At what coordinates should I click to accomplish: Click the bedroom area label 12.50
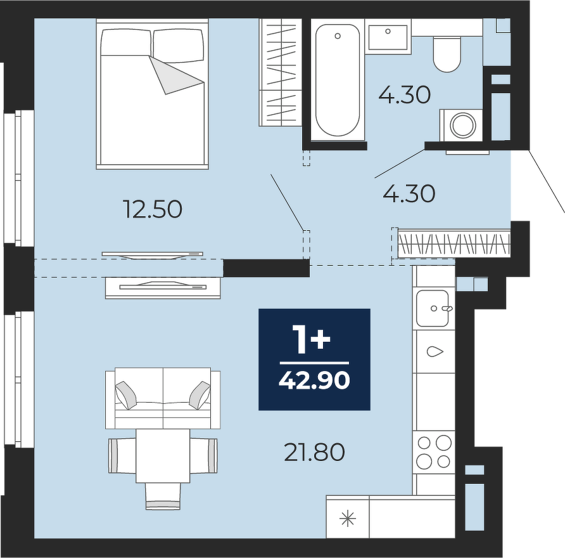153,209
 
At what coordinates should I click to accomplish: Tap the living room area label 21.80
314,452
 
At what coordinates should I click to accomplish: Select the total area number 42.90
314,380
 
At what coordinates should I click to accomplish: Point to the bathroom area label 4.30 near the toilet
405,95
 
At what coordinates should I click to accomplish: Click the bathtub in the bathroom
338,80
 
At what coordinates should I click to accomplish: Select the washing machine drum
463,125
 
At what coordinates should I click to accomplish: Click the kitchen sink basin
433,308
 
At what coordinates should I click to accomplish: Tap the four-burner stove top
433,452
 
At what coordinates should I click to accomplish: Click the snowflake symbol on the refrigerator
348,519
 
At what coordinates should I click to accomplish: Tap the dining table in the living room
163,456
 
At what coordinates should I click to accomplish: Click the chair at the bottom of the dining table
163,496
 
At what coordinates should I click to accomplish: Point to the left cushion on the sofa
126,395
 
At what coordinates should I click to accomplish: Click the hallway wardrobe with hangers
454,244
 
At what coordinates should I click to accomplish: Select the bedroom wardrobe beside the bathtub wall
281,72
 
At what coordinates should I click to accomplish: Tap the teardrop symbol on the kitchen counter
435,351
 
